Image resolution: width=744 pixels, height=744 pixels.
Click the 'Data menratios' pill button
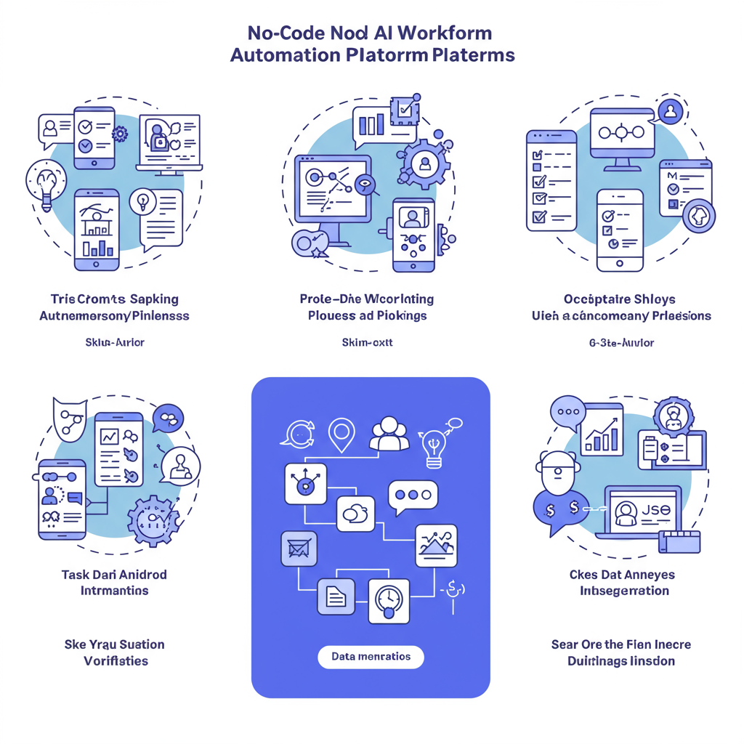pyautogui.click(x=371, y=657)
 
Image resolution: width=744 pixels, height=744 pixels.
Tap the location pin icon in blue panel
pyautogui.click(x=340, y=434)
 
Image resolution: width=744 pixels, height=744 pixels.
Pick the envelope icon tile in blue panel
pyautogui.click(x=299, y=549)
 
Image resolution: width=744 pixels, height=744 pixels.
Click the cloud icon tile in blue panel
pyautogui.click(x=355, y=514)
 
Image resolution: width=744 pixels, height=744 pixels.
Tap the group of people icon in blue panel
pyautogui.click(x=389, y=434)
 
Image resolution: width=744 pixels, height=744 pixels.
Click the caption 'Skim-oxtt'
pyautogui.click(x=367, y=341)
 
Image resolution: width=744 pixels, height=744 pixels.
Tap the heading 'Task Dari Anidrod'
pyautogui.click(x=114, y=574)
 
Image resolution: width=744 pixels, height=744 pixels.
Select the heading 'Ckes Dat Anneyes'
pyautogui.click(x=622, y=574)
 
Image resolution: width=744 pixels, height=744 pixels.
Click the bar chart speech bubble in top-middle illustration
pyautogui.click(x=373, y=123)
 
